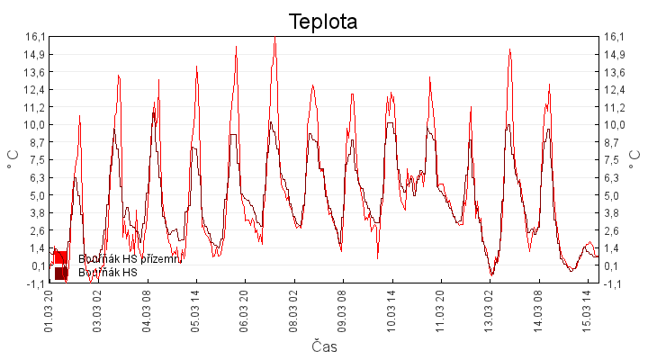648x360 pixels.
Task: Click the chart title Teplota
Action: (x=323, y=22)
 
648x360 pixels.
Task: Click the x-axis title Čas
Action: (x=324, y=346)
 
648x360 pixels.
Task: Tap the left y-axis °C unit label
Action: (x=14, y=159)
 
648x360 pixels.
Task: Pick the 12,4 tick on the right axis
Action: (x=615, y=89)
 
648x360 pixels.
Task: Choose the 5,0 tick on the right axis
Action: (x=615, y=195)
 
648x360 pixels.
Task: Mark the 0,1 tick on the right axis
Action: (x=615, y=265)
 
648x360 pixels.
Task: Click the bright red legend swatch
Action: (x=61, y=258)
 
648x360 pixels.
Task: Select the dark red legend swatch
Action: (x=61, y=273)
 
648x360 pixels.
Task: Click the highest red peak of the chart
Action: (x=274, y=38)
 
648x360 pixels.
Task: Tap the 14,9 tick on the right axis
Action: (x=615, y=54)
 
